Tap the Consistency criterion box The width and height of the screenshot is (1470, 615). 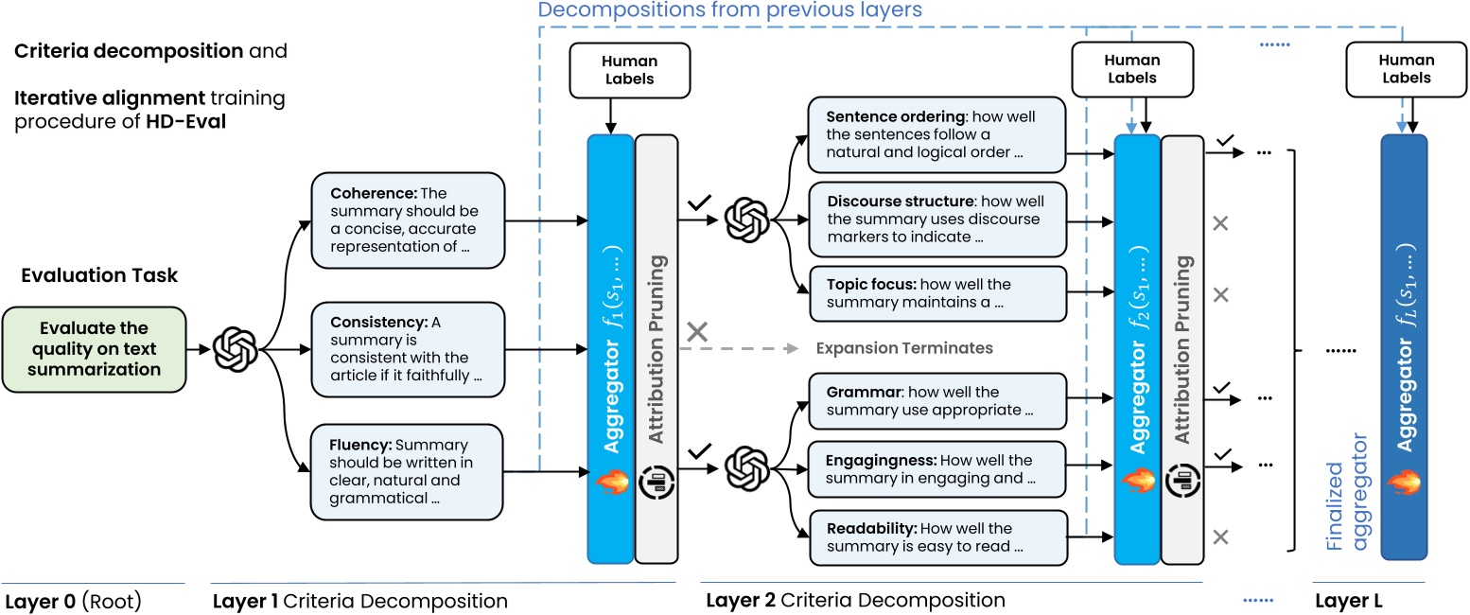(x=408, y=349)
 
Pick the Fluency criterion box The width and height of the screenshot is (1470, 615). (x=408, y=472)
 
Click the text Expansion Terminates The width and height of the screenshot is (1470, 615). (x=904, y=348)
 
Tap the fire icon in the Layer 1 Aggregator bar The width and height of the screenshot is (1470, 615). (x=610, y=482)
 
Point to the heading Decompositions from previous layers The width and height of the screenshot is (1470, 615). (x=729, y=10)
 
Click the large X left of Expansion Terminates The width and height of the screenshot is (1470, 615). (x=697, y=332)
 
